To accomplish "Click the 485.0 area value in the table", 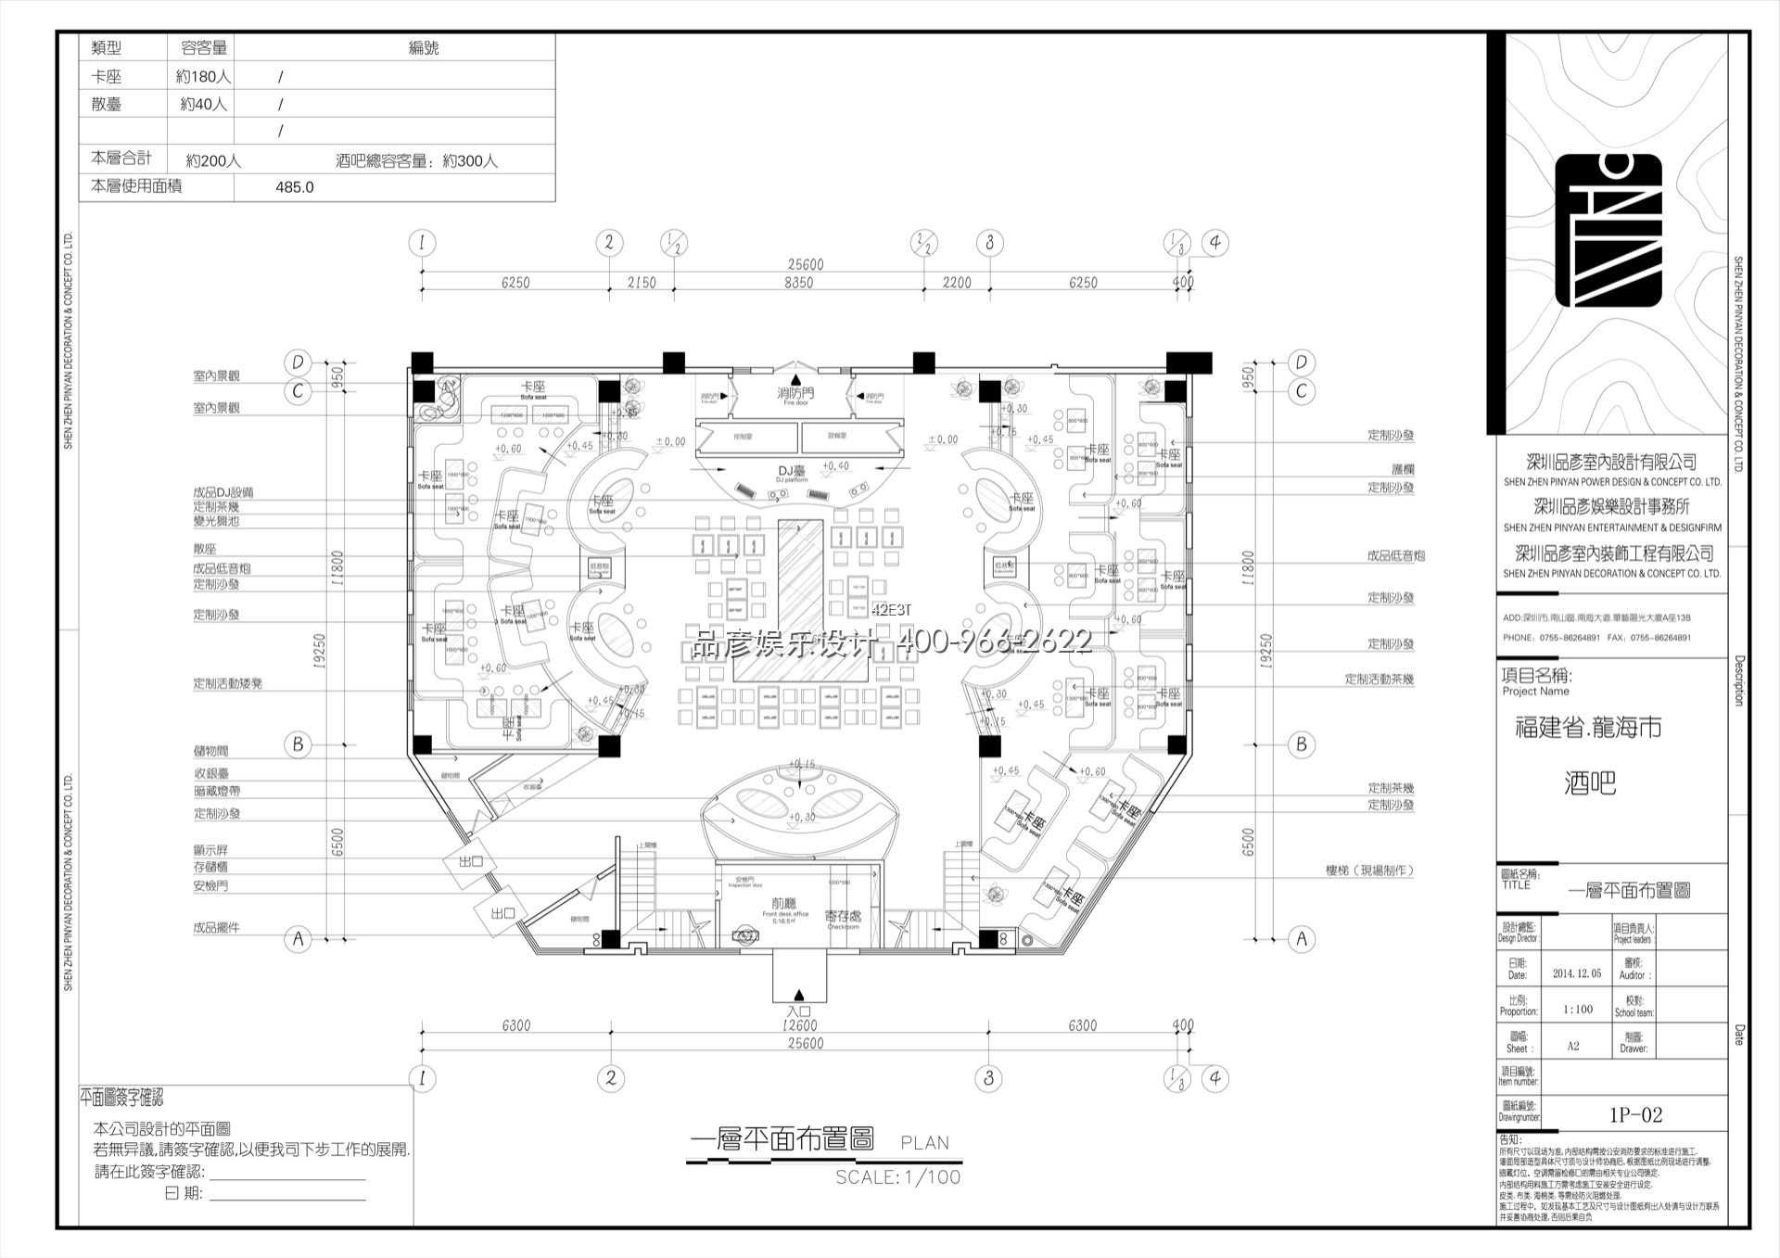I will click(295, 187).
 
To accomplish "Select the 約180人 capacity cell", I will click(203, 77).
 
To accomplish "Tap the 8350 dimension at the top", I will click(798, 283).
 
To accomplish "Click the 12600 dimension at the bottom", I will click(799, 1025).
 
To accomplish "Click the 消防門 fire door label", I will click(795, 394).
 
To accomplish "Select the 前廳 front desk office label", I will click(784, 903).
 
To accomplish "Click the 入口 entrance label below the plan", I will click(799, 1011).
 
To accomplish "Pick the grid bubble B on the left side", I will click(298, 744).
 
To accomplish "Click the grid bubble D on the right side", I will click(1301, 362).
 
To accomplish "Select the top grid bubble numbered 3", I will click(989, 243).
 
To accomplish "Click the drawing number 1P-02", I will click(1635, 1115).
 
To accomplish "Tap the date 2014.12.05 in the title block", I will click(1577, 973).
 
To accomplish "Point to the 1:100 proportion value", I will click(1577, 1010).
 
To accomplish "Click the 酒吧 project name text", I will click(1590, 783).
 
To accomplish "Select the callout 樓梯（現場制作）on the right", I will click(1369, 870).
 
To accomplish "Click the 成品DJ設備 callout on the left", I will click(222, 492).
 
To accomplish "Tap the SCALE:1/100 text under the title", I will click(897, 1177).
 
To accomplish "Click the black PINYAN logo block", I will click(1608, 230).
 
